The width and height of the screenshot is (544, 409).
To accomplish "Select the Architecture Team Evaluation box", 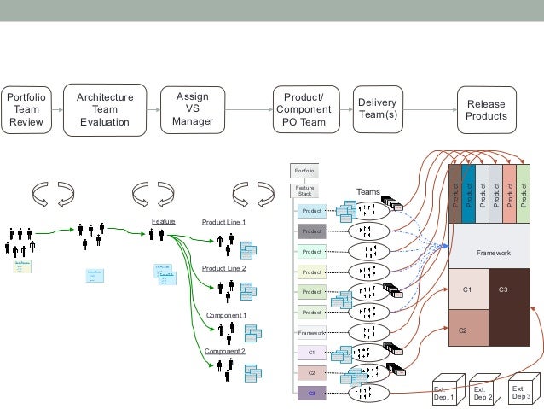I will coord(104,109).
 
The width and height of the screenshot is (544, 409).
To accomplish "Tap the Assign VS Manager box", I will coord(192,108).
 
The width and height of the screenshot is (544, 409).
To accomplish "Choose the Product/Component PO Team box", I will coord(303,109).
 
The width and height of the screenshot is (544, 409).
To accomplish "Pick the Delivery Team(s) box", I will coord(377,108).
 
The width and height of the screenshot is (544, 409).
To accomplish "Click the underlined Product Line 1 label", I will coord(223,222).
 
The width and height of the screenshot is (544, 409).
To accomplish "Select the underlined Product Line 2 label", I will coord(223,268).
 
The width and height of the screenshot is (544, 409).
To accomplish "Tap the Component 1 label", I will coord(226,315).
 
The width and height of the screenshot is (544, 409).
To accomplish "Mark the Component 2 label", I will coord(224,351).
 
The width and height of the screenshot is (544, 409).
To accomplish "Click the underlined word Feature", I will coord(163,222).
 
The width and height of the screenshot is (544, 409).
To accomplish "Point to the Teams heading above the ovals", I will coord(367,192).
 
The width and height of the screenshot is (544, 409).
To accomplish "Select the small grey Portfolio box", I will coord(304,171).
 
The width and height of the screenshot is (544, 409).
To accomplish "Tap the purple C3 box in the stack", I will coord(311,393).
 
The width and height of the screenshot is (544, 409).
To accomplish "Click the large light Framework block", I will coord(492,253).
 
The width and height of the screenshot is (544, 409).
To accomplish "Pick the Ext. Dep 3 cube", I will coord(522,391).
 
